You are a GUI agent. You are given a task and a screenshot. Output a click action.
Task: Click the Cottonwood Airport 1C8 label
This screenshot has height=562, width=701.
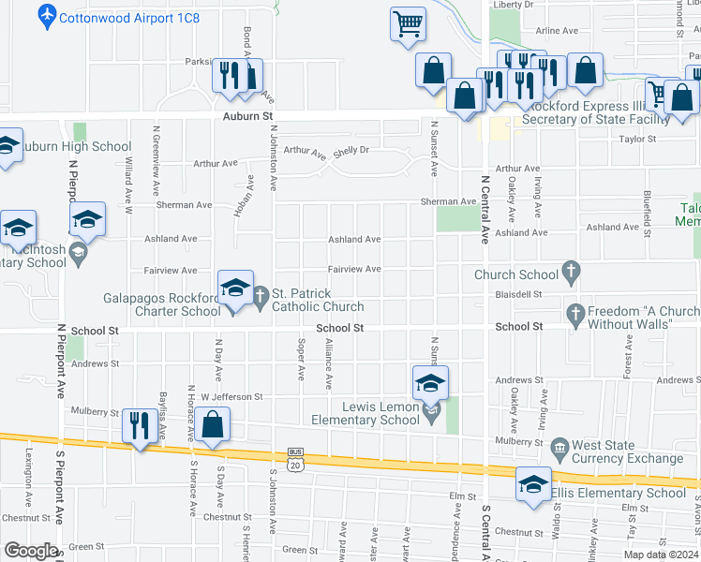(x=129, y=17)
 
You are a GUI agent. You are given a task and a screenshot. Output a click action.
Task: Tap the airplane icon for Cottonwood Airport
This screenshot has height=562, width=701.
(x=47, y=16)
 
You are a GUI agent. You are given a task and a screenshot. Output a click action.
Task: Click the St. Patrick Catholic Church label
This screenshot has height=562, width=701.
(x=318, y=300)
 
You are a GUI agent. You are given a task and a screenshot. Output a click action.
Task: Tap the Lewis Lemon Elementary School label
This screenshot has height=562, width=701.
(x=367, y=413)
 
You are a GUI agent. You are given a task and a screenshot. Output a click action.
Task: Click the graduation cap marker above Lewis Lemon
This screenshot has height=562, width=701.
(x=430, y=382)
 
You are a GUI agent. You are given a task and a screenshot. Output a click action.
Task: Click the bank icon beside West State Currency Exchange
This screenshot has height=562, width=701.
(x=560, y=446)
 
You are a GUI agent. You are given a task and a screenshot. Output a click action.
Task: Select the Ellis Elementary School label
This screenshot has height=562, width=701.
(x=618, y=493)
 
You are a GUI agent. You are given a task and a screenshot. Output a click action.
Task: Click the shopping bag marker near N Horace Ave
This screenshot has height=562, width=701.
(x=214, y=425)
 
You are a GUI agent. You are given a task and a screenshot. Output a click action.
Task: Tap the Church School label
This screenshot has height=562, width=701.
(x=516, y=274)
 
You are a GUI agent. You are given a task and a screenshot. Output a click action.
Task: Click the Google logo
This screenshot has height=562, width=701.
(x=31, y=551)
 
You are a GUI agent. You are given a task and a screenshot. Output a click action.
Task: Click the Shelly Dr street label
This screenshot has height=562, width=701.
(x=351, y=150)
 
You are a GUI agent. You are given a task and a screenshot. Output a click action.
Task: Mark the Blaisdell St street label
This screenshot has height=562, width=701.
(x=519, y=293)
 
